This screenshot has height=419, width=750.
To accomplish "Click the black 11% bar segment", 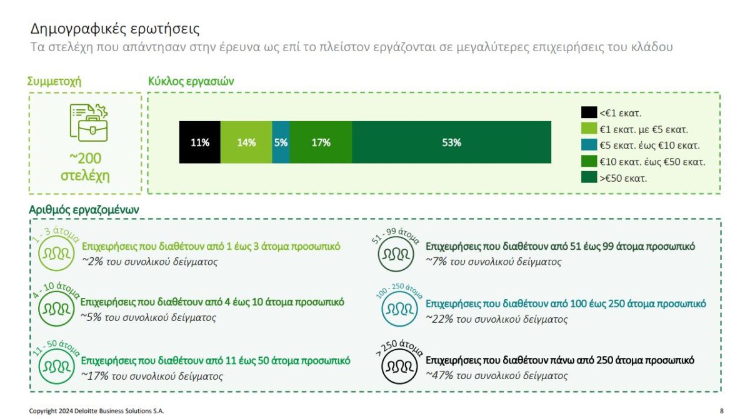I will tap(199, 142).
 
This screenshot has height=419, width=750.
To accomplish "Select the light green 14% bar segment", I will tap(246, 142).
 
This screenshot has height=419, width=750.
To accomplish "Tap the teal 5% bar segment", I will tap(281, 142).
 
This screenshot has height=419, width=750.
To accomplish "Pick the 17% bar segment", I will tap(321, 142).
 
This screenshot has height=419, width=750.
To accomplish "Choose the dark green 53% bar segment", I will tap(451, 142).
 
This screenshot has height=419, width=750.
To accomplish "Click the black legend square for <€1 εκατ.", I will tap(588, 113).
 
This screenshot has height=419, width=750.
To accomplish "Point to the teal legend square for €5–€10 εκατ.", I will tap(588, 145).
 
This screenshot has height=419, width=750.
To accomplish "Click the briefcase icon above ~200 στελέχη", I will tap(89, 122).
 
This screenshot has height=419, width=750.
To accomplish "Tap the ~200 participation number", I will tap(85, 159).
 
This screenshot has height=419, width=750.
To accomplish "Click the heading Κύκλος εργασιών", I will tap(191, 81).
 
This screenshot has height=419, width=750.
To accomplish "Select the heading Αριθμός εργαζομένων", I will tap(84, 210).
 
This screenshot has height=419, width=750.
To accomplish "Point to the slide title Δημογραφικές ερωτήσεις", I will tap(115, 29).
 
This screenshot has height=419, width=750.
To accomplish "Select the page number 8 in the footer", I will tap(721, 411).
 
